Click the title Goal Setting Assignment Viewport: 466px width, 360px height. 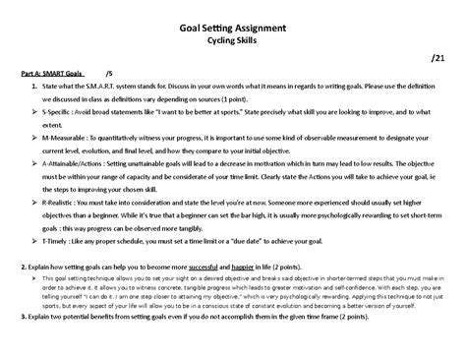tap(233, 30)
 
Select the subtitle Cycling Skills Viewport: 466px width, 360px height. tap(233, 44)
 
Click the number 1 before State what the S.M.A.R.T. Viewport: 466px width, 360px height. tap(33, 87)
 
